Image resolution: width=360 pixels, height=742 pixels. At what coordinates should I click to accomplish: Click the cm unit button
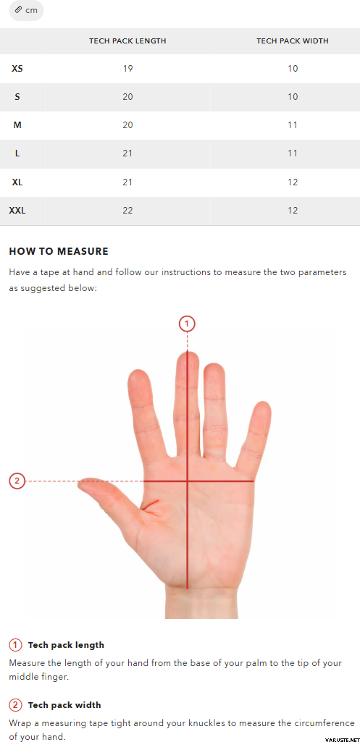point(26,10)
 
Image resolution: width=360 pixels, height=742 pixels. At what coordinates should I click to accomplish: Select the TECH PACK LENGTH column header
point(127,41)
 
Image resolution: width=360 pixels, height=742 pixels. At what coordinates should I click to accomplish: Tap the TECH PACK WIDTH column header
point(292,41)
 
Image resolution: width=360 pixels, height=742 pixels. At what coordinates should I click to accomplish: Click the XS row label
point(17,69)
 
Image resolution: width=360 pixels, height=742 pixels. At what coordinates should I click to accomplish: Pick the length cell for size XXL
point(127,210)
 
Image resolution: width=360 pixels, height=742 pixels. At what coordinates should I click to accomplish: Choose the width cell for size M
point(292,125)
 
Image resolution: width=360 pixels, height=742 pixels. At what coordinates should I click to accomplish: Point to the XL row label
point(17,182)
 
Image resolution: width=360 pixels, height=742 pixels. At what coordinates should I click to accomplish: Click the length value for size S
point(127,96)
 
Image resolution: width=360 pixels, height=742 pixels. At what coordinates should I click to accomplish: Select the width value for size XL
point(292,182)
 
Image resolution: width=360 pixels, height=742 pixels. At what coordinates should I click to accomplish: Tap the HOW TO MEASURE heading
point(59,251)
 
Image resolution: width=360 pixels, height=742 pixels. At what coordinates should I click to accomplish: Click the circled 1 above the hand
point(187,324)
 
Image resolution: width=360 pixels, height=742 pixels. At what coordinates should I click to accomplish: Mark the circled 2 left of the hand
point(17,481)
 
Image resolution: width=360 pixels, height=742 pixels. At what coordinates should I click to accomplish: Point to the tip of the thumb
point(79,483)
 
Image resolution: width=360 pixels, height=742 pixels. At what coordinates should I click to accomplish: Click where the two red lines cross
point(188,481)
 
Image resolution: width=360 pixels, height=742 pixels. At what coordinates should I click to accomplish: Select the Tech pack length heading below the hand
point(66,645)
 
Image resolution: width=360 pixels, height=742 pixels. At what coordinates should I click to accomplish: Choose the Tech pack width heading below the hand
point(64,705)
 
